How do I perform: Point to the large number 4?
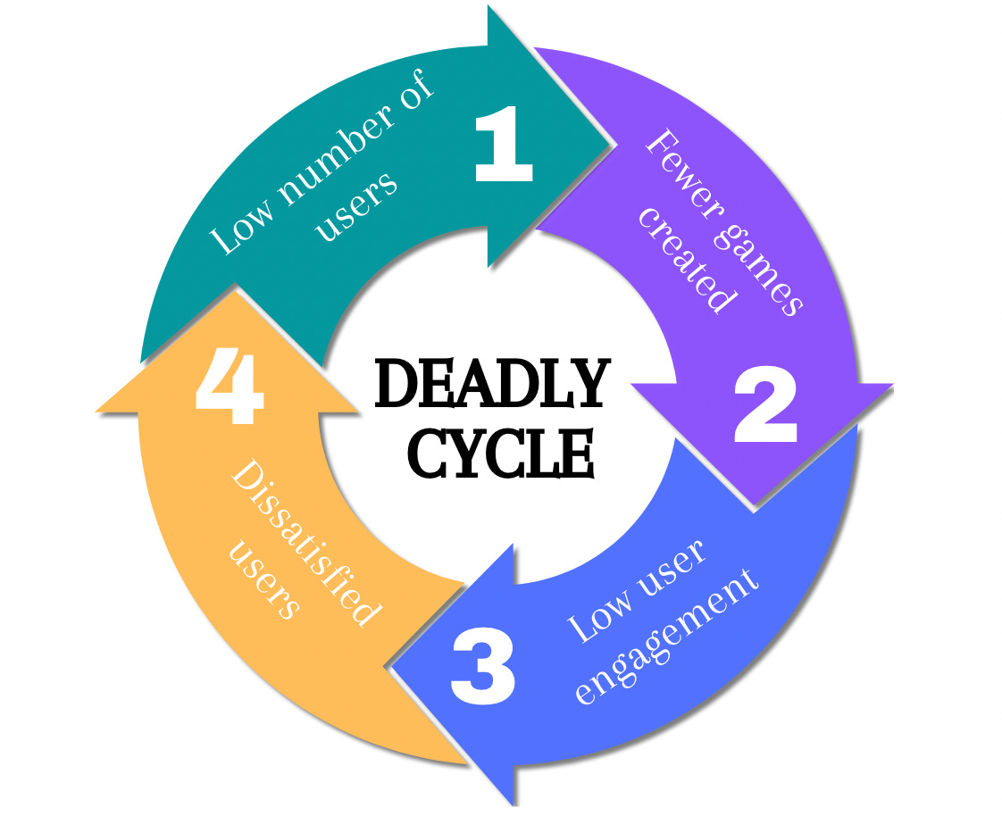click(x=230, y=390)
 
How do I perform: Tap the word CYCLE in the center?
click(x=501, y=454)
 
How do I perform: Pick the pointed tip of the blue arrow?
click(x=392, y=668)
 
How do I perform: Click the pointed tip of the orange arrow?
click(x=234, y=289)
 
